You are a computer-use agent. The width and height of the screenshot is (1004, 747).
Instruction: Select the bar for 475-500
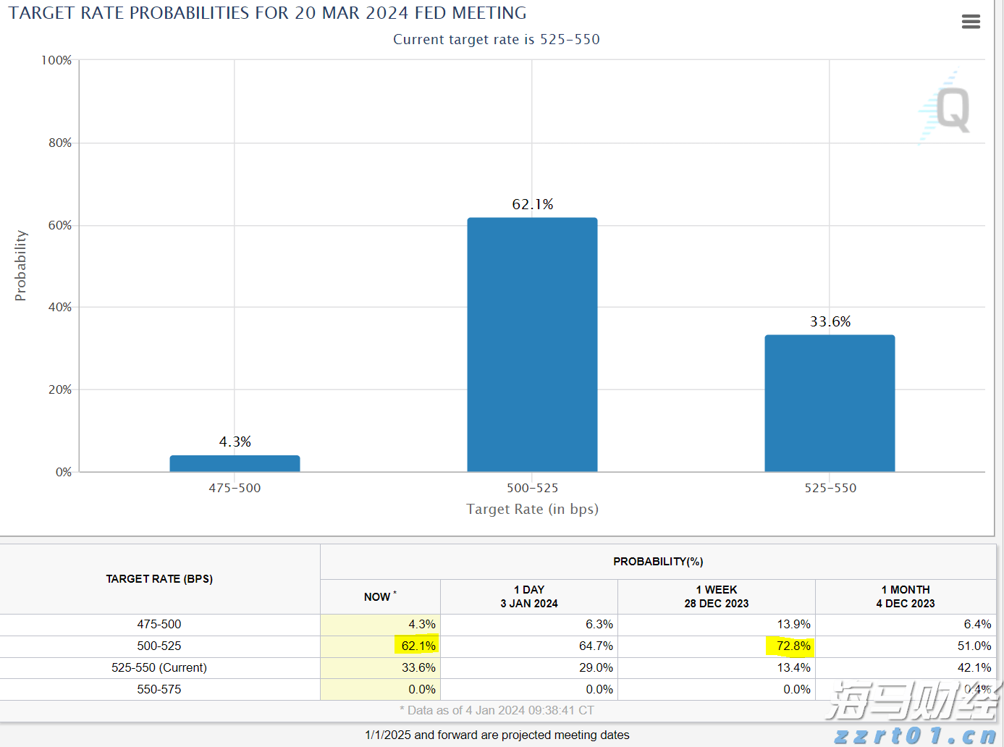[235, 463]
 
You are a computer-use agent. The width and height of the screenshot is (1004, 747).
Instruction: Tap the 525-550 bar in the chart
[830, 403]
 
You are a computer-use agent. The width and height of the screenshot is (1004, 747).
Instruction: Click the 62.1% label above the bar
[532, 205]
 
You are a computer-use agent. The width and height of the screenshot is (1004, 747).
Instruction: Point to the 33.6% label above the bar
[830, 322]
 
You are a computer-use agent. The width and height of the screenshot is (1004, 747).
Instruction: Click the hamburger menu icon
[971, 22]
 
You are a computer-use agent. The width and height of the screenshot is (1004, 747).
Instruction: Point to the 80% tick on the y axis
[60, 143]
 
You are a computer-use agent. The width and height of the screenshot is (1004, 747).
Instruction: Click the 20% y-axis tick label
[60, 390]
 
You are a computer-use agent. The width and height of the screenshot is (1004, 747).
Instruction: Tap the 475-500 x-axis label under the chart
[235, 489]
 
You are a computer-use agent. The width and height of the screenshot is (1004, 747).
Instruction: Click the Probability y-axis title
[20, 266]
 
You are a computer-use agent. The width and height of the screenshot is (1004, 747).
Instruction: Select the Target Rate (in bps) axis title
[532, 510]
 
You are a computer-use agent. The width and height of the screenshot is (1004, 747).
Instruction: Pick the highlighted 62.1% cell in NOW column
[418, 646]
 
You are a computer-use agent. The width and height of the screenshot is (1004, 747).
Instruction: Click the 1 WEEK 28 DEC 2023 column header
[716, 597]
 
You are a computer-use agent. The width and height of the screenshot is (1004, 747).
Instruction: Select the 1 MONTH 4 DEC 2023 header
[905, 597]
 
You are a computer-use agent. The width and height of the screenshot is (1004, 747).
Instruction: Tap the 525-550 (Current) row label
[159, 667]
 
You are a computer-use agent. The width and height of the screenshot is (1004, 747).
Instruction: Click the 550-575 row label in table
[159, 689]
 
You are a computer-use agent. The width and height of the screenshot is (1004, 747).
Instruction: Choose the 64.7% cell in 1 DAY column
[595, 646]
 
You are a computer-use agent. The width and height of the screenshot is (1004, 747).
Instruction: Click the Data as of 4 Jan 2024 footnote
[497, 711]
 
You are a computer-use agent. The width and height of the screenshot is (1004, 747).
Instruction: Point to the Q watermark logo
[951, 109]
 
